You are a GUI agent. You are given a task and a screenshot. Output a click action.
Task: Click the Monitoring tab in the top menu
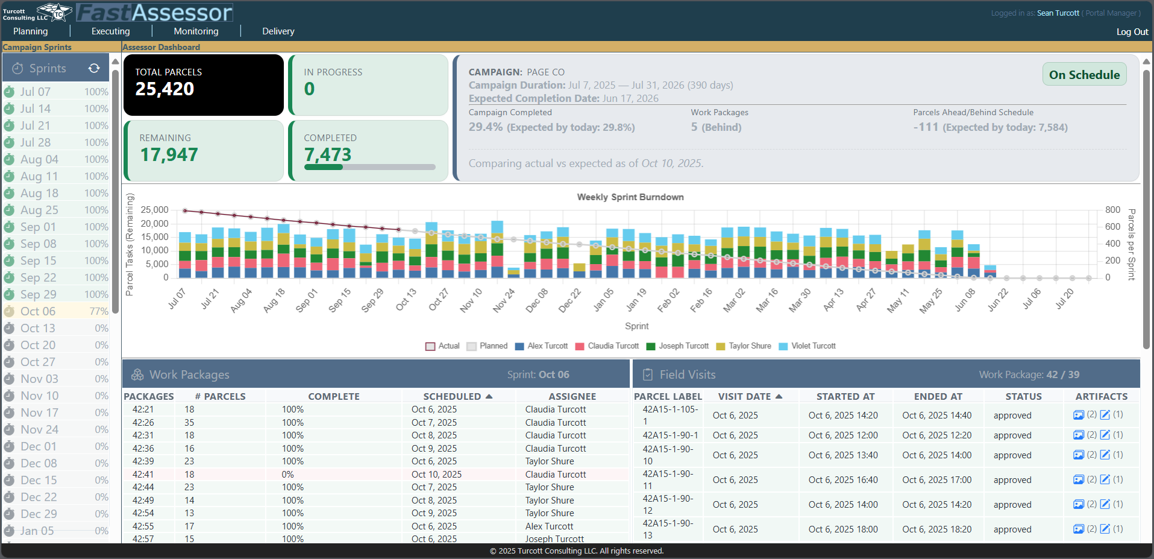tap(196, 31)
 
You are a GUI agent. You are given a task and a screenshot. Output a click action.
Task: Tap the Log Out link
tap(1132, 32)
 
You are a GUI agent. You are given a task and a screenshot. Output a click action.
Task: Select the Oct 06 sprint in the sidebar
tap(38, 311)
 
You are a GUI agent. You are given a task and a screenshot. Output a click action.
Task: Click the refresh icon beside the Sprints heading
tap(94, 68)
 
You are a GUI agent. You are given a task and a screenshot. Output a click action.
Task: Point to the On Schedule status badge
tap(1084, 75)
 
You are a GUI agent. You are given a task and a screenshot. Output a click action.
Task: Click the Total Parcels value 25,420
tap(165, 89)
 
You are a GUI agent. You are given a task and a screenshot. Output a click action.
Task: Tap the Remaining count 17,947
tap(169, 155)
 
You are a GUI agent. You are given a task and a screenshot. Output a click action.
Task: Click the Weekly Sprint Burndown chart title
tap(630, 197)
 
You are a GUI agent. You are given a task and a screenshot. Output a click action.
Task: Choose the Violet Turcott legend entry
tap(813, 346)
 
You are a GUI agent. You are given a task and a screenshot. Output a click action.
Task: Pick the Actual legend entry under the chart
tap(448, 346)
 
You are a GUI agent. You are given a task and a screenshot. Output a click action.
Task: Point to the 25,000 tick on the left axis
tap(154, 210)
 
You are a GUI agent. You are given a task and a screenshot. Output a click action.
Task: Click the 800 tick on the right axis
tap(1112, 210)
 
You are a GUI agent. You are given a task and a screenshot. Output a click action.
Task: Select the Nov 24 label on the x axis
tap(504, 300)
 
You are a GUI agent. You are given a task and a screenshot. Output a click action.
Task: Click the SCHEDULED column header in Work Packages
tap(452, 396)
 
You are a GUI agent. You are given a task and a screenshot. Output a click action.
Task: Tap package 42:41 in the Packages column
tap(143, 475)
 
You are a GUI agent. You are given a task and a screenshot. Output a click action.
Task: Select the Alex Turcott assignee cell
tap(549, 526)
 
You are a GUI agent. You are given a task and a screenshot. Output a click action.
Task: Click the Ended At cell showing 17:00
tap(936, 480)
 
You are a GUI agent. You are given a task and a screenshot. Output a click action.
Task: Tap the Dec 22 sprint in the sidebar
tap(39, 497)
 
